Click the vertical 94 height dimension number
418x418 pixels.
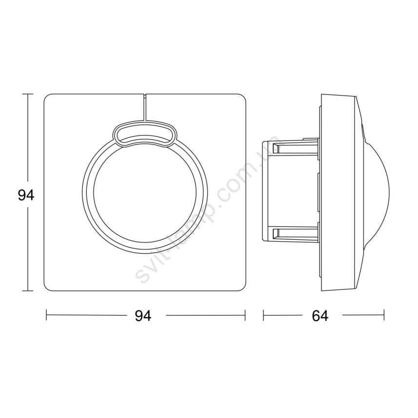point(26,196)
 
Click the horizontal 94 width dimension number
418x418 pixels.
point(143,316)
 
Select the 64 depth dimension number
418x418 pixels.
point(320,316)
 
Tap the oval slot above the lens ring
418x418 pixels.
point(145,134)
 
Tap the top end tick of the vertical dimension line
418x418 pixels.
point(28,94)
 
